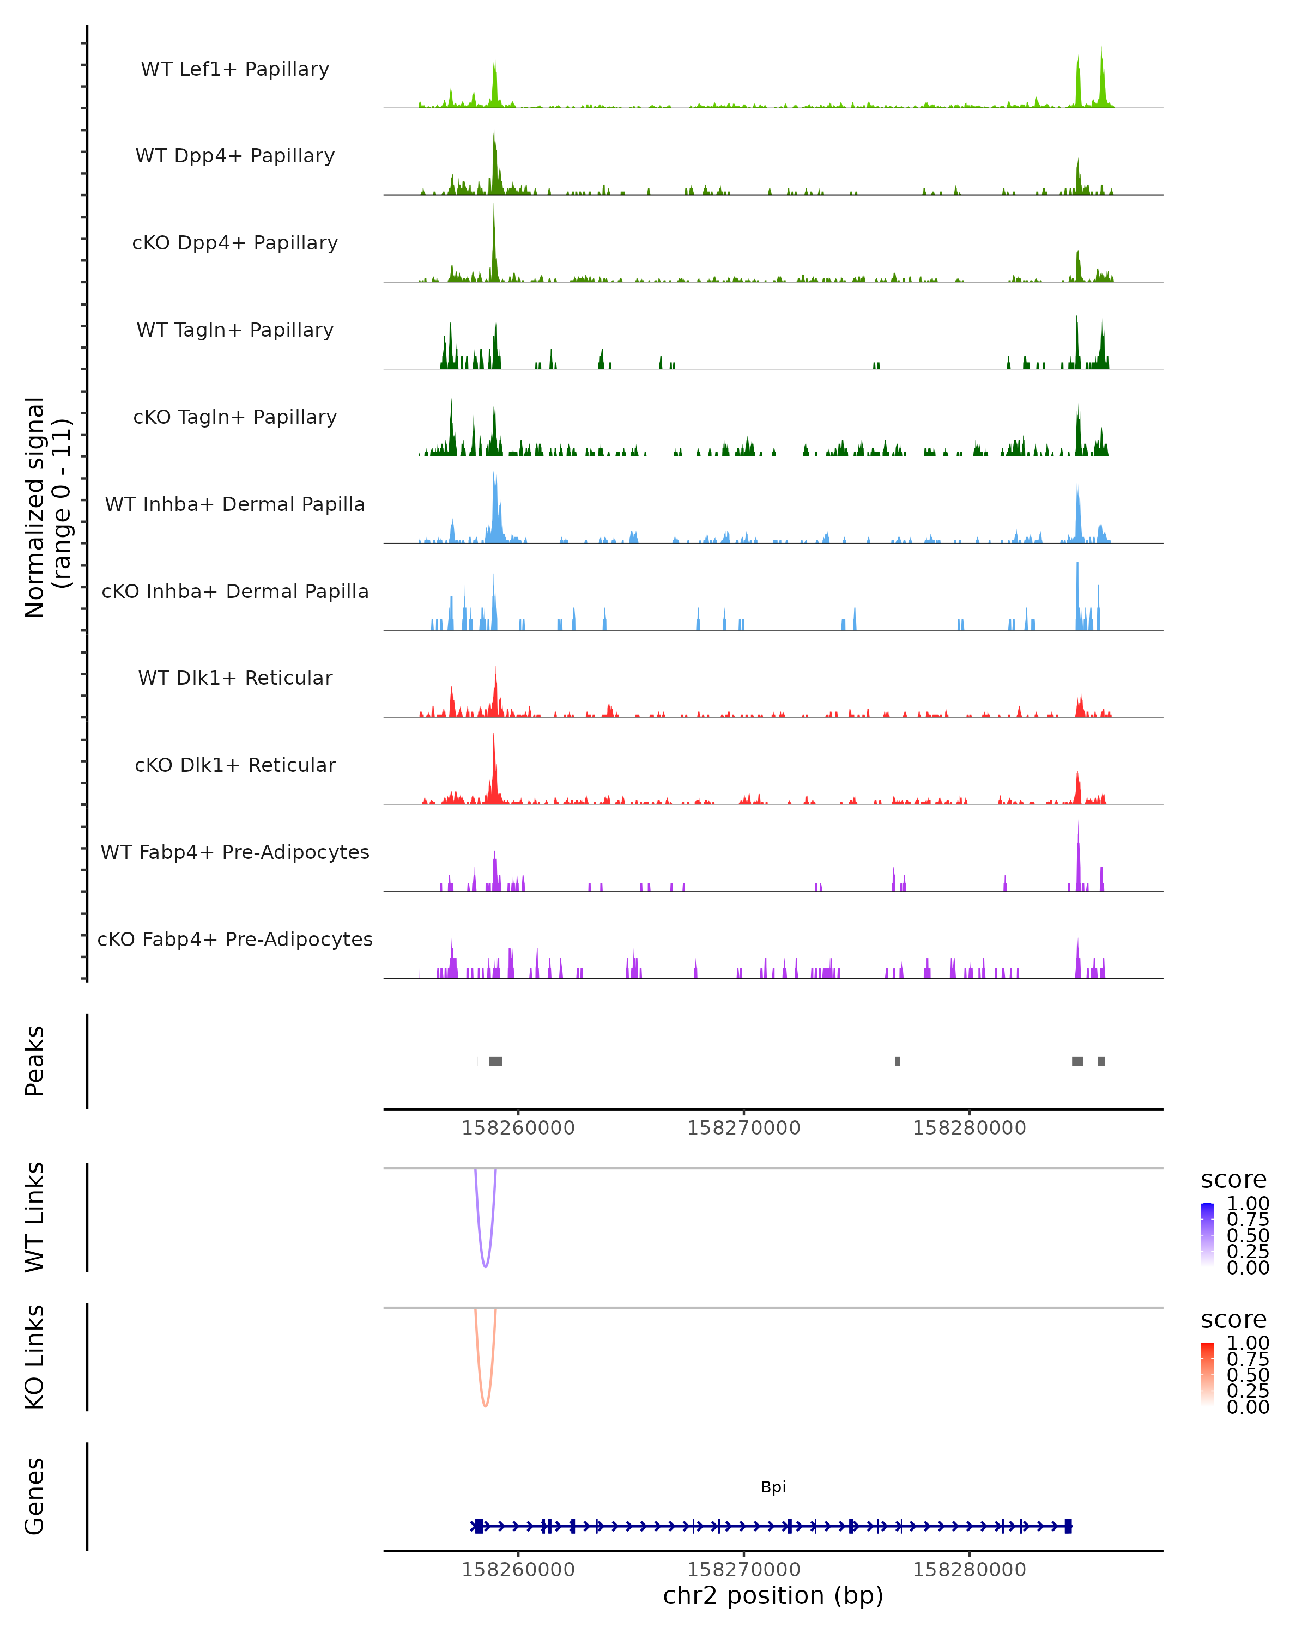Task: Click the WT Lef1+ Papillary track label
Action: point(235,69)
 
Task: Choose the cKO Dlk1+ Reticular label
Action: point(235,765)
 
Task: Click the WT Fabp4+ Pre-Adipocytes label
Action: point(235,852)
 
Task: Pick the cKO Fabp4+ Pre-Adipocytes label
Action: point(235,939)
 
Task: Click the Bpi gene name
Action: point(773,1487)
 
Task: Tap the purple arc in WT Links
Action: point(485,1266)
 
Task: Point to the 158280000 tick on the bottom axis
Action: point(968,1570)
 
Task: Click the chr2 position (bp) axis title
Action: point(773,1596)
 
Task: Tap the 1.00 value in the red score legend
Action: point(1248,1343)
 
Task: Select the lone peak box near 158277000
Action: point(897,1061)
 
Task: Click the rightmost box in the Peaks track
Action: point(1101,1061)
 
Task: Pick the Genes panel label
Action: point(35,1496)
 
